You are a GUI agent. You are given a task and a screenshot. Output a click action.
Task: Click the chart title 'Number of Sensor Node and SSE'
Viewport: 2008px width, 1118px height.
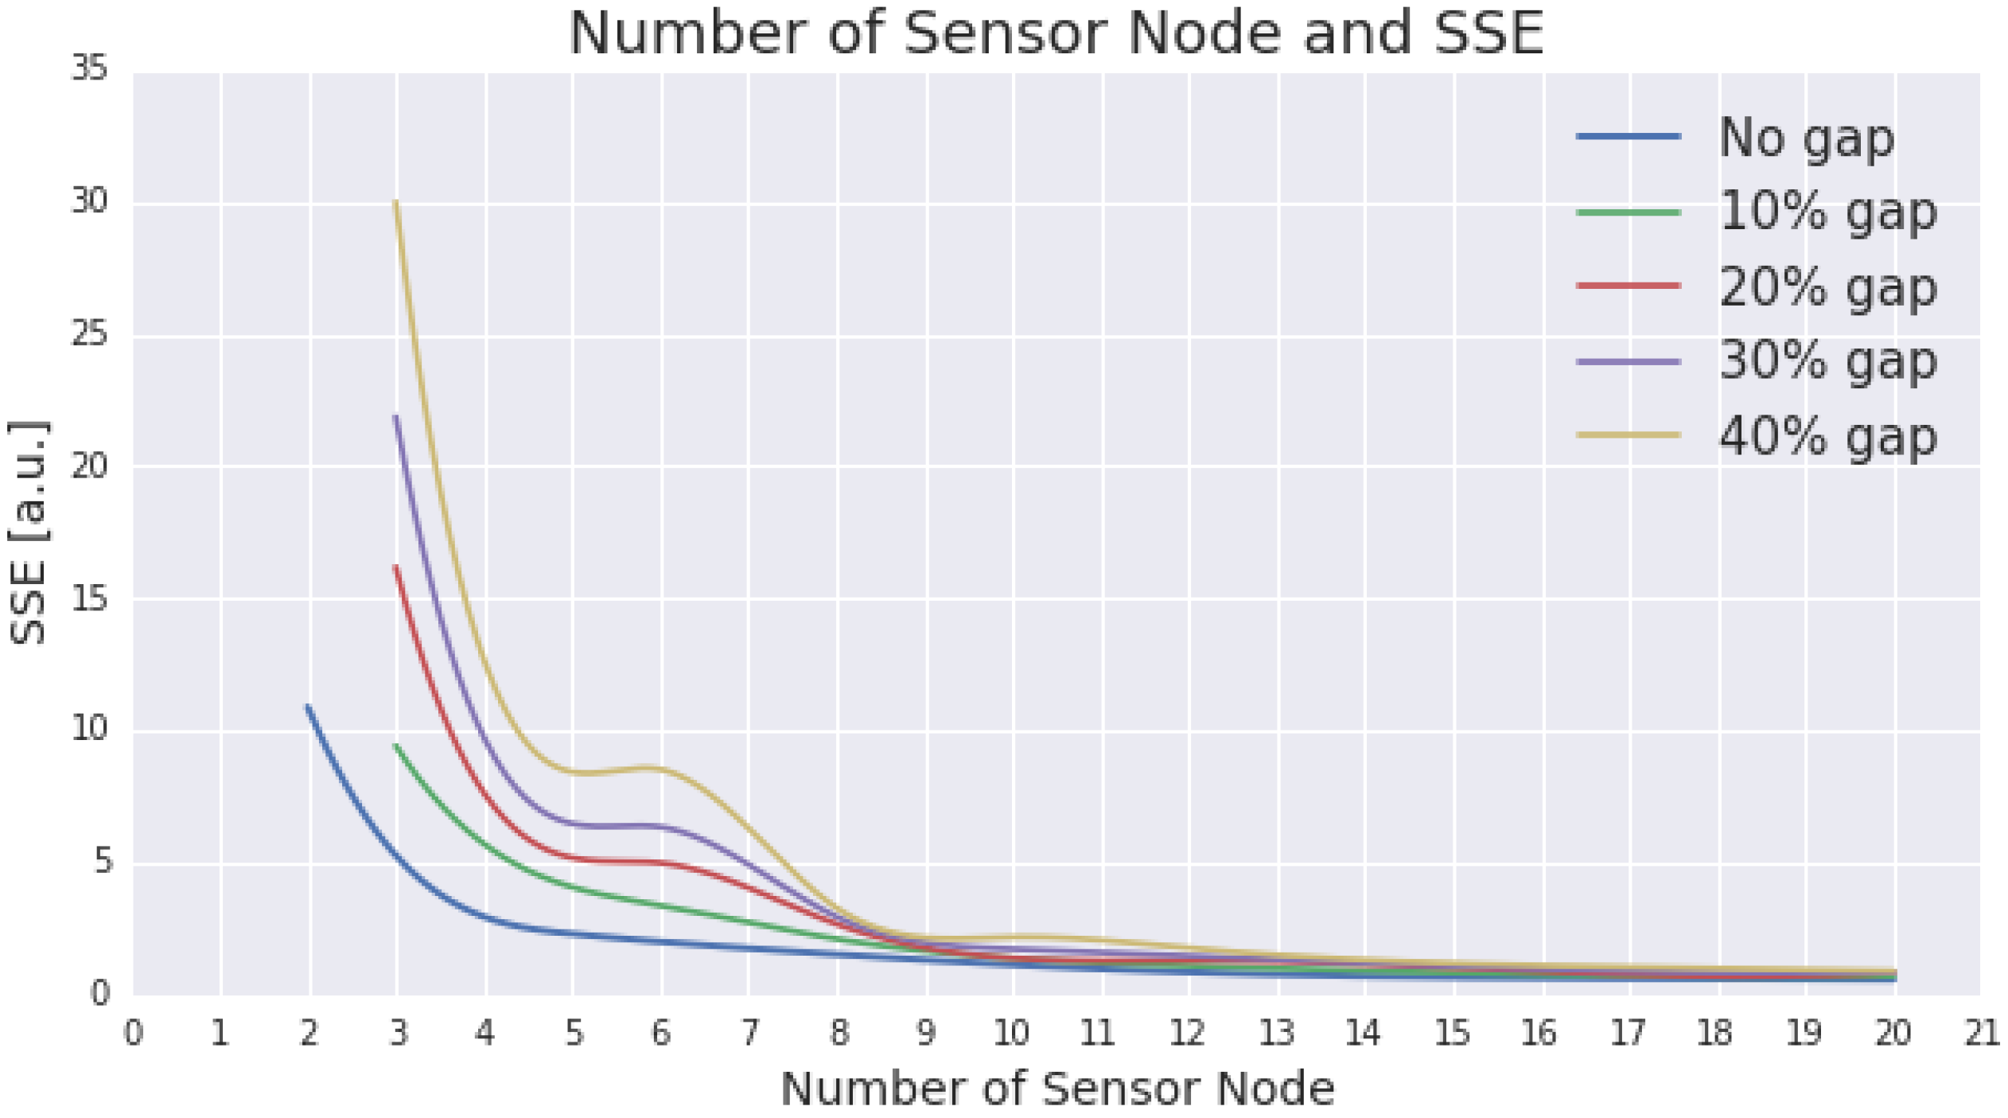tap(1056, 33)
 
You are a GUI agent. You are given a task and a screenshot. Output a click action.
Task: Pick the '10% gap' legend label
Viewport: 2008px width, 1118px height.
tap(1827, 212)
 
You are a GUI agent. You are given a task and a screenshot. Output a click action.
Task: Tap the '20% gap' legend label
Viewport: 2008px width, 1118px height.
tap(1827, 286)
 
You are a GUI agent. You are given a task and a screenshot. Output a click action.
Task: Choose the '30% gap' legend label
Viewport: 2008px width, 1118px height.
tap(1827, 361)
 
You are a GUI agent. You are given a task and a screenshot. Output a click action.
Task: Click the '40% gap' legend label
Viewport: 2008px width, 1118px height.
tap(1827, 436)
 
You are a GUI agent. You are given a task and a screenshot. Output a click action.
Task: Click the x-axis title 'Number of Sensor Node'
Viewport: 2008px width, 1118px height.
tap(1057, 1089)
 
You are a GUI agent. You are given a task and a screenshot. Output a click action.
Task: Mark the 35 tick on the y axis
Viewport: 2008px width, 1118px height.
tap(89, 70)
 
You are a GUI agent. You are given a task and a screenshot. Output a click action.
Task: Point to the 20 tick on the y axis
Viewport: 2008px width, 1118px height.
tap(89, 466)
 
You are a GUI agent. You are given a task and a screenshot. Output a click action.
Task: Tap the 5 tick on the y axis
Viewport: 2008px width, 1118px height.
tap(103, 862)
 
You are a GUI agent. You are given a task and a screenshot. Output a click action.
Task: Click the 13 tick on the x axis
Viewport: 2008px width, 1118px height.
tap(1277, 1033)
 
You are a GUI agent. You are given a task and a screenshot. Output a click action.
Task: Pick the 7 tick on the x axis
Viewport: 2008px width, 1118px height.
tap(749, 1033)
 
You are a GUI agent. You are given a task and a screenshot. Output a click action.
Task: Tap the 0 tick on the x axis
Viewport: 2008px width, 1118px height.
tap(134, 1033)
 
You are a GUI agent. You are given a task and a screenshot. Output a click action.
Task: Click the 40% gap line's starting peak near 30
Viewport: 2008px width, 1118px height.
tap(396, 202)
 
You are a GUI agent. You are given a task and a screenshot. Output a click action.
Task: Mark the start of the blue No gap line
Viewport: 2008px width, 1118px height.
tap(309, 707)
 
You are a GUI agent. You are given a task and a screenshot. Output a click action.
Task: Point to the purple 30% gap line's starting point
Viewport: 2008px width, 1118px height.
tap(396, 416)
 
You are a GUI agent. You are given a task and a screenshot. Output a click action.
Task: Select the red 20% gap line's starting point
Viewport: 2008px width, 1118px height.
tap(396, 567)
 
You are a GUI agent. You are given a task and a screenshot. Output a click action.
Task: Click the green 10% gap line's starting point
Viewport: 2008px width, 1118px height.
tap(396, 746)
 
